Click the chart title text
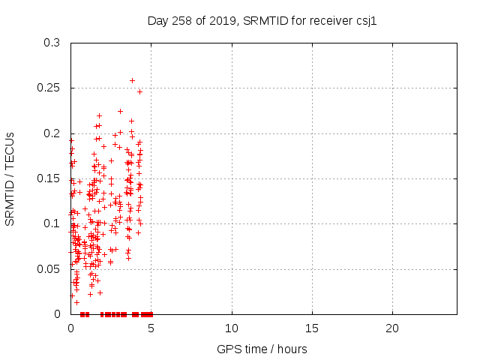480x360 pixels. coord(262,20)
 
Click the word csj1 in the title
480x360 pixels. coord(364,20)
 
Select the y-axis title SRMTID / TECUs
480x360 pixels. coord(10,178)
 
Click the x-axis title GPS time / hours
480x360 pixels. coord(262,349)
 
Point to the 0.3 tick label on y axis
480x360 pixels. coord(52,43)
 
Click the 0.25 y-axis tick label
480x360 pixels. coord(49,88)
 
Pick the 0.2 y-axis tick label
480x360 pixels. coord(52,133)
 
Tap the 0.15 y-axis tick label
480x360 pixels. coord(49,178)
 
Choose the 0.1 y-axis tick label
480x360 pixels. coord(52,223)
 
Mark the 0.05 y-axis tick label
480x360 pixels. coord(49,268)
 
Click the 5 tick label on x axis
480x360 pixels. coord(151,328)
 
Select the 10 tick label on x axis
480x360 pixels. coord(232,328)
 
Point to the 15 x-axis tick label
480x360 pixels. coord(312,328)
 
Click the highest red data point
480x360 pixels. coord(133,80)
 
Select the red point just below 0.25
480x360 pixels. coord(139,91)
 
